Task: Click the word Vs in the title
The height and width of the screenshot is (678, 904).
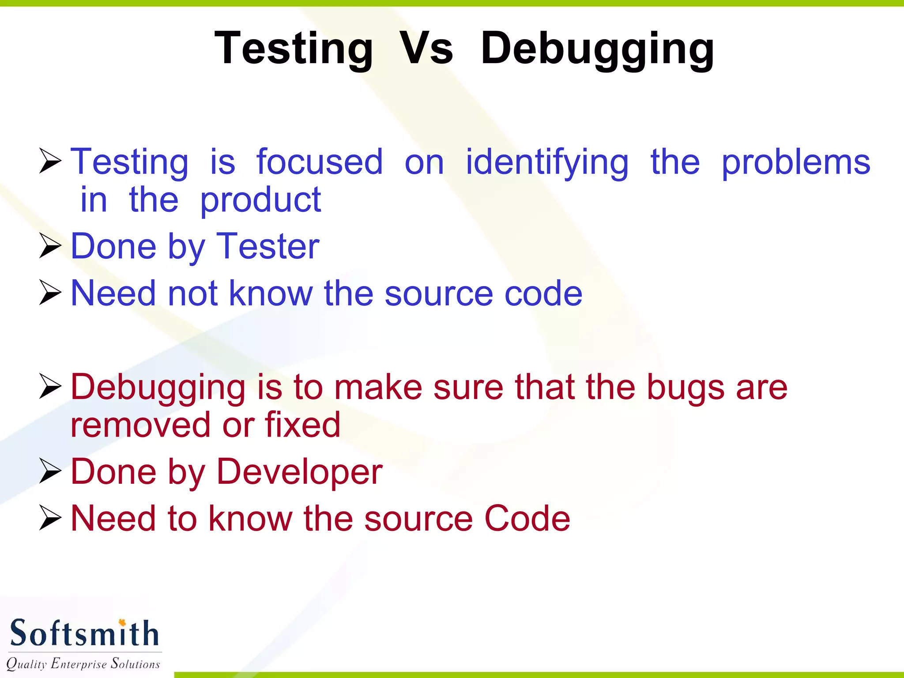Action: pos(426,49)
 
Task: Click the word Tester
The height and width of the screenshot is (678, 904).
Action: pos(268,246)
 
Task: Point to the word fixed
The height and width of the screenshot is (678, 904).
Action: pos(302,425)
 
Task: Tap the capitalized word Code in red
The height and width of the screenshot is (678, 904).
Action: pos(527,519)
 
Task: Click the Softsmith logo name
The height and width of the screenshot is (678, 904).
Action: pos(84,633)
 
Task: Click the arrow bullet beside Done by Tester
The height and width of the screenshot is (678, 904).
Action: pos(50,246)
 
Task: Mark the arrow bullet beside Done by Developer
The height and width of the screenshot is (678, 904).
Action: pos(50,471)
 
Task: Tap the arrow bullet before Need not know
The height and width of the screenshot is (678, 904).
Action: pos(50,292)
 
